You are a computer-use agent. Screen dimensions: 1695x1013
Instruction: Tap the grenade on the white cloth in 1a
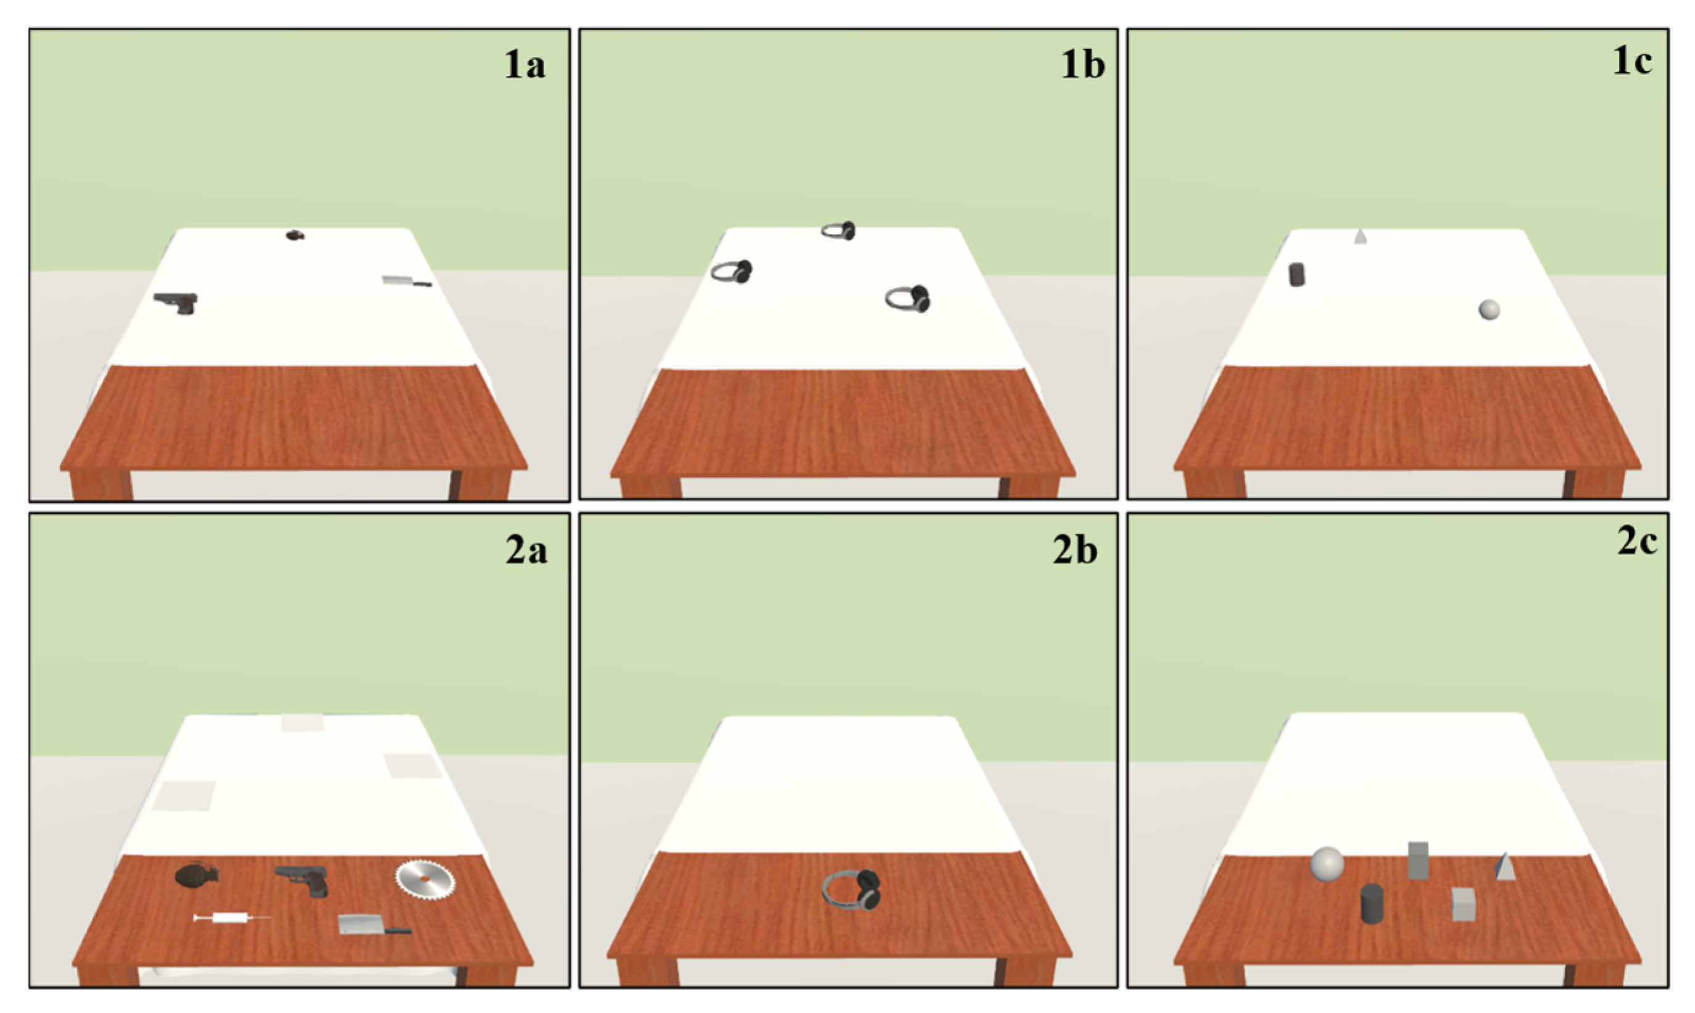click(x=295, y=236)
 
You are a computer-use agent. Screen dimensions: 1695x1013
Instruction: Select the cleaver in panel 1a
click(x=406, y=281)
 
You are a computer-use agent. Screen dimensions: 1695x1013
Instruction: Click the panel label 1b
click(x=1083, y=65)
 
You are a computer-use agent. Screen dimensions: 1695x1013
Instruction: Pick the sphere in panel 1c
click(x=1490, y=310)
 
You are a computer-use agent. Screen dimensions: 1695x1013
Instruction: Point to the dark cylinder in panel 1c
click(x=1297, y=275)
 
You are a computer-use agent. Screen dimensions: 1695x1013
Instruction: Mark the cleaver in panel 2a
click(x=374, y=925)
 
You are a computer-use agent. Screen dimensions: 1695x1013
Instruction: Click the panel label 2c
click(x=1638, y=542)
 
